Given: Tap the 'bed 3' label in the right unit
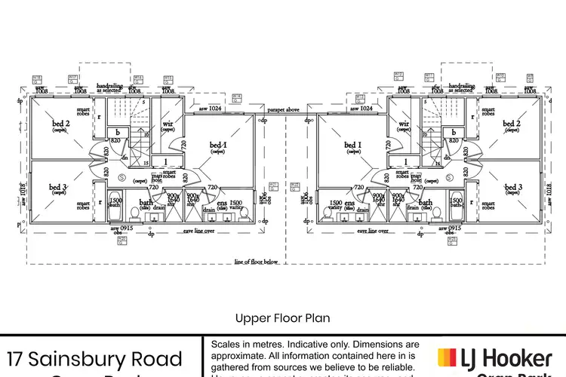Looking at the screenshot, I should (x=513, y=187).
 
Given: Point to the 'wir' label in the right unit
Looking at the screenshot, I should (x=404, y=124).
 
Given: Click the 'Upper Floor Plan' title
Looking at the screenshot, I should (x=282, y=318).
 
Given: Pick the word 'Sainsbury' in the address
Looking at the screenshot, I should (x=99, y=358).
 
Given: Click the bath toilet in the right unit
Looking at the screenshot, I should (x=435, y=213).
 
